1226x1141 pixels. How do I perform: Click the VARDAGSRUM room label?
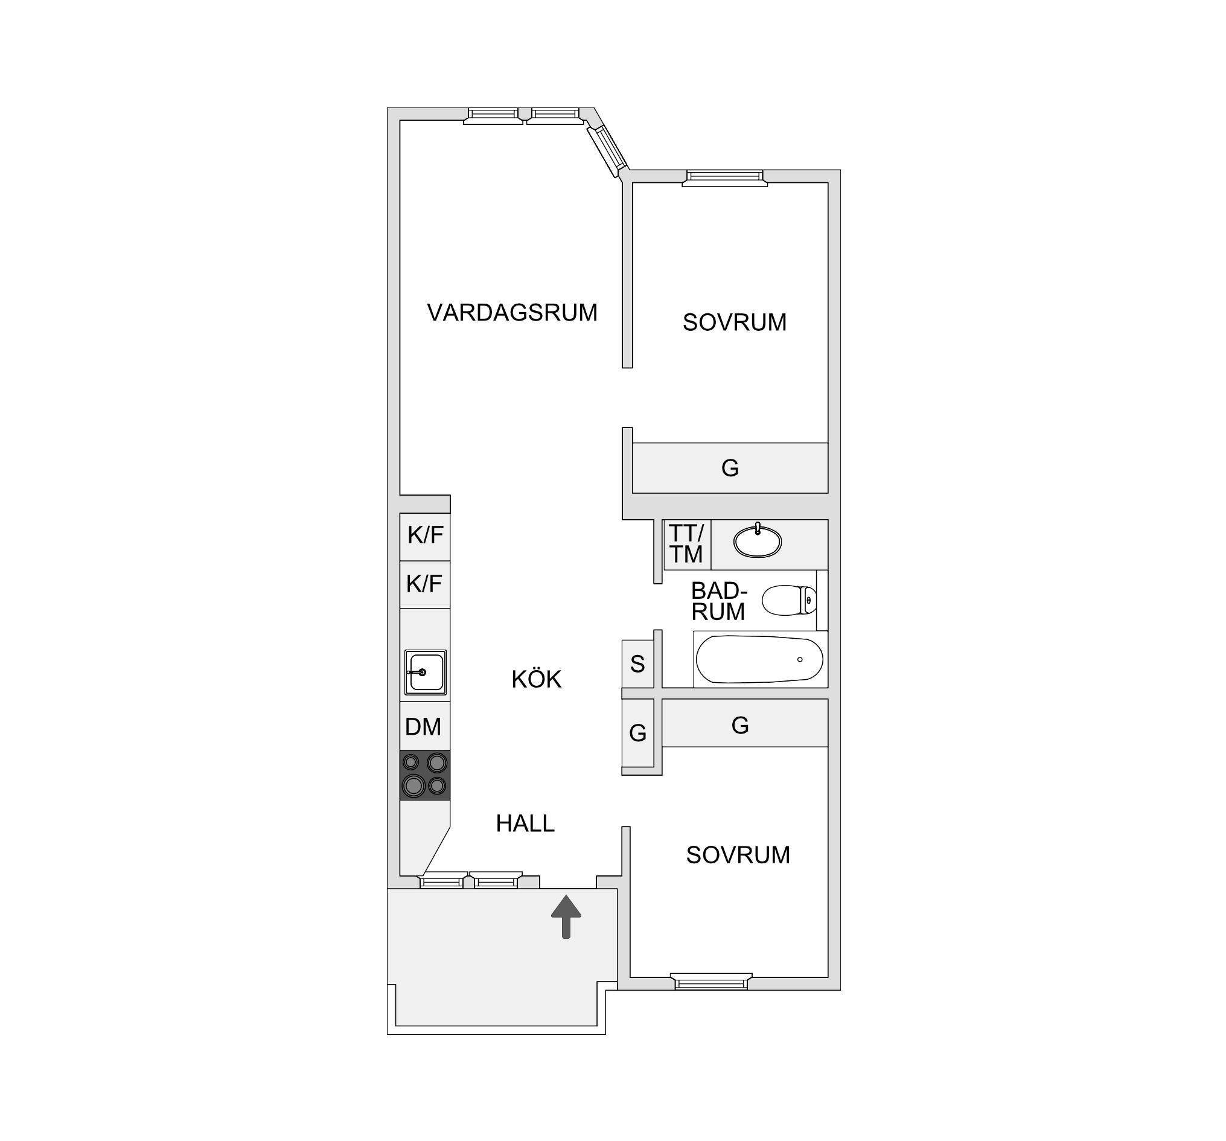coord(512,313)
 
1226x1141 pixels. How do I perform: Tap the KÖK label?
coord(537,679)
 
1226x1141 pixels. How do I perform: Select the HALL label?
coord(525,823)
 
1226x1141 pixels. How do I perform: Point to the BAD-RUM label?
coord(719,601)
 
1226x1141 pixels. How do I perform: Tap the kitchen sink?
coord(426,673)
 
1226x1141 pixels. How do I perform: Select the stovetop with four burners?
coord(425,775)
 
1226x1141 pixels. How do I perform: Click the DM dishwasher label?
coord(423,726)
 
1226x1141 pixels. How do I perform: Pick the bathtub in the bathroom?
coord(760,659)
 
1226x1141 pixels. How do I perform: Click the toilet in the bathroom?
coord(790,600)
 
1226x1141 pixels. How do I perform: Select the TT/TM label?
coord(686,543)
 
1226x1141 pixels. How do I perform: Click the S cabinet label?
coord(637,664)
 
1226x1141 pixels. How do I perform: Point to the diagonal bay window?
coord(607,150)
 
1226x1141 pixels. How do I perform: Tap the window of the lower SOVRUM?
coord(711,981)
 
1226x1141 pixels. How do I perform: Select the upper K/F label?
coord(426,535)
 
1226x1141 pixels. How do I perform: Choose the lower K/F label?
coord(424,583)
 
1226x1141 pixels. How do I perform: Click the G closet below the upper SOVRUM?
coord(730,468)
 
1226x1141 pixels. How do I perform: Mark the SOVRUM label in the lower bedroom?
coord(738,855)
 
